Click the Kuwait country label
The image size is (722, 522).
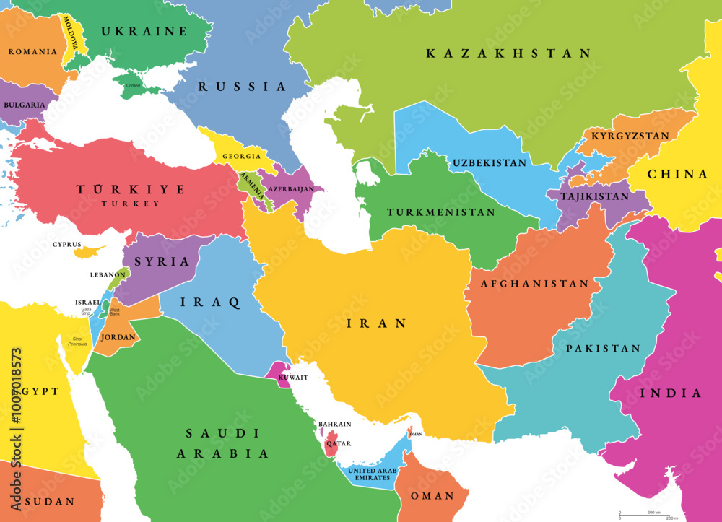click(294, 378)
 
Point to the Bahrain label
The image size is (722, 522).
click(334, 424)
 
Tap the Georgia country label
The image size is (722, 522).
click(242, 157)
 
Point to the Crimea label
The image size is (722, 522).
click(133, 86)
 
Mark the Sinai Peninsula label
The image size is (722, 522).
click(77, 341)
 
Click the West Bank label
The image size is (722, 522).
click(115, 311)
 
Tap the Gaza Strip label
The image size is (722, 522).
click(86, 311)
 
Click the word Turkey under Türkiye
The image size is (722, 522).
click(131, 204)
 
